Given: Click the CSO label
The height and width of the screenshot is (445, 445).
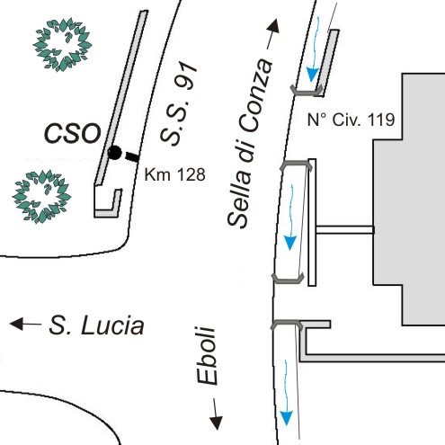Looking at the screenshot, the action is click(x=73, y=133).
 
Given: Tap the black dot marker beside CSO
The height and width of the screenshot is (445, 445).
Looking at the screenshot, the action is click(x=114, y=153).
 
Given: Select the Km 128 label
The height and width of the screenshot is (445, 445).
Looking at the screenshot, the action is click(x=174, y=174).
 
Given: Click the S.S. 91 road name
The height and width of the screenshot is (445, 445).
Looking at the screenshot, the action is click(x=179, y=103).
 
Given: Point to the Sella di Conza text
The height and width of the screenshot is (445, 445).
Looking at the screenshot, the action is click(x=250, y=143).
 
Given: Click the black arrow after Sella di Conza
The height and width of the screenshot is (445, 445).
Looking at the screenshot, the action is click(x=273, y=33).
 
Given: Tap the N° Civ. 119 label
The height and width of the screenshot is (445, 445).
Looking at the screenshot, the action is click(x=351, y=120).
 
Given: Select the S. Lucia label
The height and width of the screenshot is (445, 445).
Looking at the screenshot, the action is click(x=96, y=325).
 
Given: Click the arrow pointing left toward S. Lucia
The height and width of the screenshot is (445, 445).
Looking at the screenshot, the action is click(x=25, y=324).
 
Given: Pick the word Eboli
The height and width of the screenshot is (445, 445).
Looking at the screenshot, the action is click(x=207, y=355).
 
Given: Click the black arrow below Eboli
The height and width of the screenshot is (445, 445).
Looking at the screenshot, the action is click(x=216, y=414).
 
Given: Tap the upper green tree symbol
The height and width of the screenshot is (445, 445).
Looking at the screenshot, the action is click(x=62, y=45).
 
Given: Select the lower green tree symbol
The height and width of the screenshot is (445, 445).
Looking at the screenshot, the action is click(x=41, y=197).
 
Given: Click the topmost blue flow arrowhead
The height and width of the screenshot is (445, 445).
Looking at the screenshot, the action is click(x=312, y=75).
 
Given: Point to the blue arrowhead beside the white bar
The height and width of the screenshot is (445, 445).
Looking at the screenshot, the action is click(x=289, y=243).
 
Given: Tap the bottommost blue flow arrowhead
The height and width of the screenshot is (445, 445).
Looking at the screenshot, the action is click(x=286, y=418).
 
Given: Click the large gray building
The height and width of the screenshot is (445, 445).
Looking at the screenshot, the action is click(x=414, y=200).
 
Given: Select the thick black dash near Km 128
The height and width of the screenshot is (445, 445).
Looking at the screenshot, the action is click(x=132, y=156).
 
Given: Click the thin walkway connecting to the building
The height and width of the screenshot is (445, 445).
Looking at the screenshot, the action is click(x=344, y=230).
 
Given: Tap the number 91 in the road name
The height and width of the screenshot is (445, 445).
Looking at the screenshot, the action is click(x=188, y=76).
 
